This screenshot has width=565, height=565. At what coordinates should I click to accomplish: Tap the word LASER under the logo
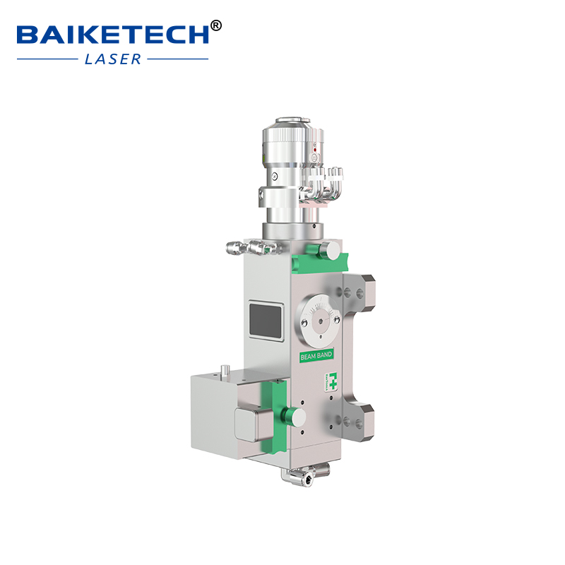click(x=113, y=59)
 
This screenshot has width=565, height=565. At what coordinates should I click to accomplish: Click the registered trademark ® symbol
click(x=216, y=26)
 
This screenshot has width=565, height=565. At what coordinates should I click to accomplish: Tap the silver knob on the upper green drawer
click(x=329, y=249)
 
